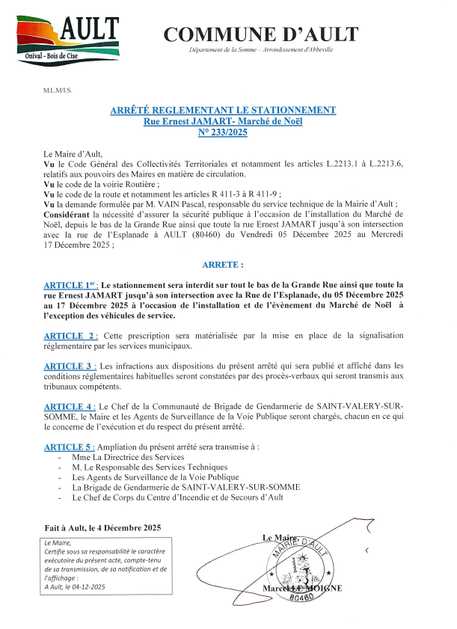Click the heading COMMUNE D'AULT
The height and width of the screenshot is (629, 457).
pyautogui.click(x=260, y=34)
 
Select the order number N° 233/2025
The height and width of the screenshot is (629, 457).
pyautogui.click(x=223, y=132)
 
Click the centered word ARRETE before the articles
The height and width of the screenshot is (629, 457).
pyautogui.click(x=223, y=265)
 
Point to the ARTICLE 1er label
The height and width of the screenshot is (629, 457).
pyautogui.click(x=72, y=285)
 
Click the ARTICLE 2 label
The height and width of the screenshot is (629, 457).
pyautogui.click(x=70, y=335)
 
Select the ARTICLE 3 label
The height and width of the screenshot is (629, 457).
pyautogui.click(x=70, y=366)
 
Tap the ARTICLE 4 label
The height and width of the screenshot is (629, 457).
pyautogui.click(x=70, y=406)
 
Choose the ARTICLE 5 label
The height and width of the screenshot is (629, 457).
pyautogui.click(x=70, y=447)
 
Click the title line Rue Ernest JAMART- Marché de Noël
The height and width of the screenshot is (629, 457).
pyautogui.click(x=223, y=121)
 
